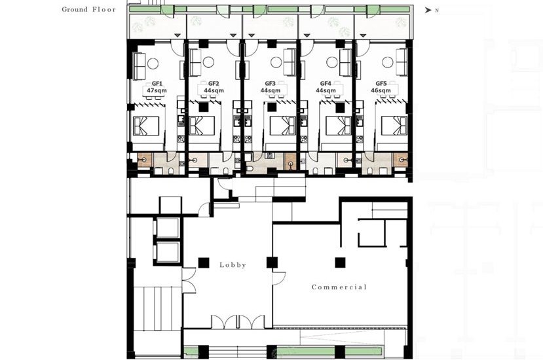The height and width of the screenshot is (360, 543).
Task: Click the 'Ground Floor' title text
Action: (88, 10)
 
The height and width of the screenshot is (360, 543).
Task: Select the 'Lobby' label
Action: (233, 265)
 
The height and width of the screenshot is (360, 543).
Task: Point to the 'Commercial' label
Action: (339, 287)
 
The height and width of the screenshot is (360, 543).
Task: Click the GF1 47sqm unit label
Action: (157, 87)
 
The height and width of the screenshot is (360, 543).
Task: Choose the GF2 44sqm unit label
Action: (214, 87)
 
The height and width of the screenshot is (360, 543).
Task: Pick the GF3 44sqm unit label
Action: (271, 87)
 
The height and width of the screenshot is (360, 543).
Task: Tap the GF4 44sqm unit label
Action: (326, 87)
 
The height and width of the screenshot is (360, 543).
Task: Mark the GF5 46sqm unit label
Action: (381, 87)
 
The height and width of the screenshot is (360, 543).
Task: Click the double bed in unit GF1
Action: (146, 126)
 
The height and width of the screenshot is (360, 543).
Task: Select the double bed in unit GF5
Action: (394, 126)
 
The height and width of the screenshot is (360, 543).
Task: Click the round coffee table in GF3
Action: (276, 62)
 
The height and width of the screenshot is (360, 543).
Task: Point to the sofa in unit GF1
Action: (140, 65)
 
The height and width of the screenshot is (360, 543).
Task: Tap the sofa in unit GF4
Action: (345, 62)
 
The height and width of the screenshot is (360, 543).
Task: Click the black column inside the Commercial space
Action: (340, 262)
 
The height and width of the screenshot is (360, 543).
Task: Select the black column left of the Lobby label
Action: (204, 262)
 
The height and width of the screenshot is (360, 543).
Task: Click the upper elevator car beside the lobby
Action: (168, 228)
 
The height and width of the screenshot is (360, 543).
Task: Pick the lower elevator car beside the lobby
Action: (168, 251)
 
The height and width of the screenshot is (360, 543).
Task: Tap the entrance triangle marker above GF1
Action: (178, 35)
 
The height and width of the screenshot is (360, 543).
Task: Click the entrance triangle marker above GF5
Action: (363, 35)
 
